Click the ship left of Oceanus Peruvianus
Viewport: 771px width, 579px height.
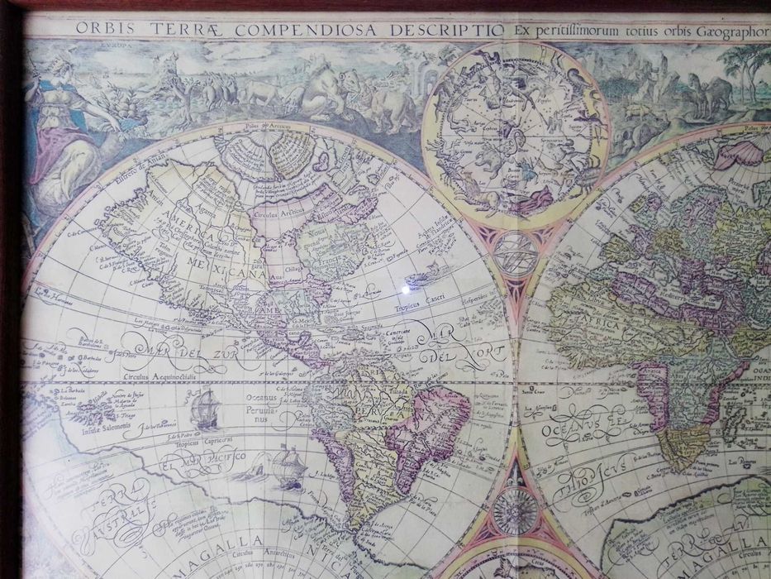[x=204, y=409]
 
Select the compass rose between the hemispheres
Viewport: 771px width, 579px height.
[x=516, y=510]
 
